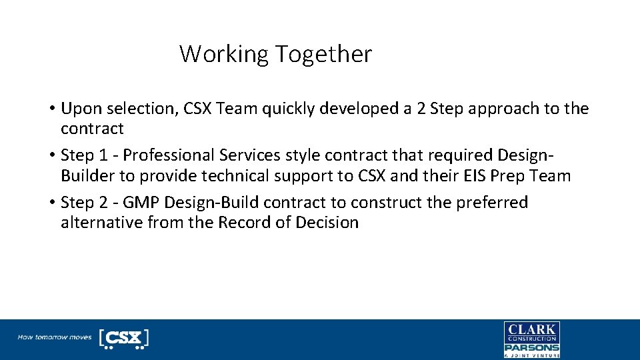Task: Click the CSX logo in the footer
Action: pos(123,338)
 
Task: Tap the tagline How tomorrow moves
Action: pos(55,337)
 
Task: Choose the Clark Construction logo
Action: pos(531,332)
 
